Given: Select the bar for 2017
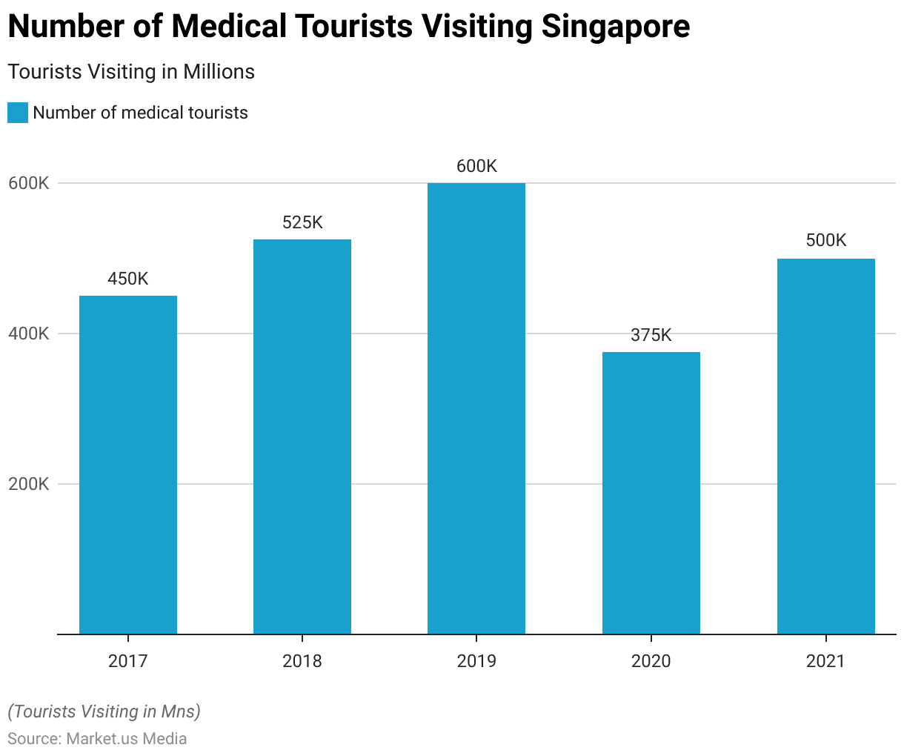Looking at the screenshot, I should [x=128, y=465].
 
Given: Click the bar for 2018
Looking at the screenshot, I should [x=302, y=437].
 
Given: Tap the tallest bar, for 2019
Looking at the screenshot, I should [x=476, y=408].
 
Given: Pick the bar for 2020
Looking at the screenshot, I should [x=651, y=493].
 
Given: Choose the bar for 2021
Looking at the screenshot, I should [x=825, y=446].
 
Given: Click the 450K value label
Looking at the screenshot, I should [x=128, y=279].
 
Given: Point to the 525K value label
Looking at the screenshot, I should [x=302, y=222].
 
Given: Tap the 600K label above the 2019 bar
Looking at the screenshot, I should [x=476, y=166].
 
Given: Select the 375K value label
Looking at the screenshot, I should [x=651, y=335].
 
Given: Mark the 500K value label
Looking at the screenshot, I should [x=825, y=240].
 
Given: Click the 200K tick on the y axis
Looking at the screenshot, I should [x=29, y=484].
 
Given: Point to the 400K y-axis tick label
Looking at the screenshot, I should [x=29, y=334].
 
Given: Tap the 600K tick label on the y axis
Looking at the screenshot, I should [x=29, y=183].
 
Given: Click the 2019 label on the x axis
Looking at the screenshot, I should [x=476, y=660].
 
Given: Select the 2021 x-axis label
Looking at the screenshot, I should [x=825, y=660].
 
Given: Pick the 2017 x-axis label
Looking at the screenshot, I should [x=128, y=660].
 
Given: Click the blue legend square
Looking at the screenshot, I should [x=18, y=113].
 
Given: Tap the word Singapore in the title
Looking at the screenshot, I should [x=615, y=27].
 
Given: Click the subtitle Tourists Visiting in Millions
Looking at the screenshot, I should [x=131, y=72].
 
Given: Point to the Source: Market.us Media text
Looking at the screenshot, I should [x=97, y=738].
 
